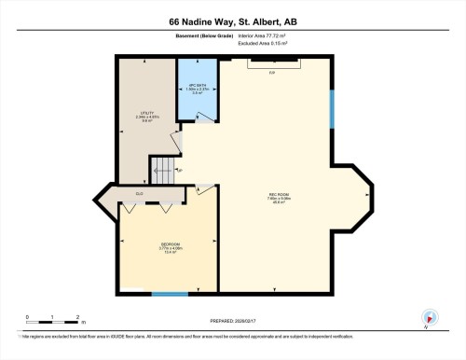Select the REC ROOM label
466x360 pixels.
(x=278, y=198)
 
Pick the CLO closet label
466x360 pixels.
(x=139, y=194)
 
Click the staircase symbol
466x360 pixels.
(x=164, y=170)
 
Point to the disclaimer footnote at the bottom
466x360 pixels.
(x=233, y=334)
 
